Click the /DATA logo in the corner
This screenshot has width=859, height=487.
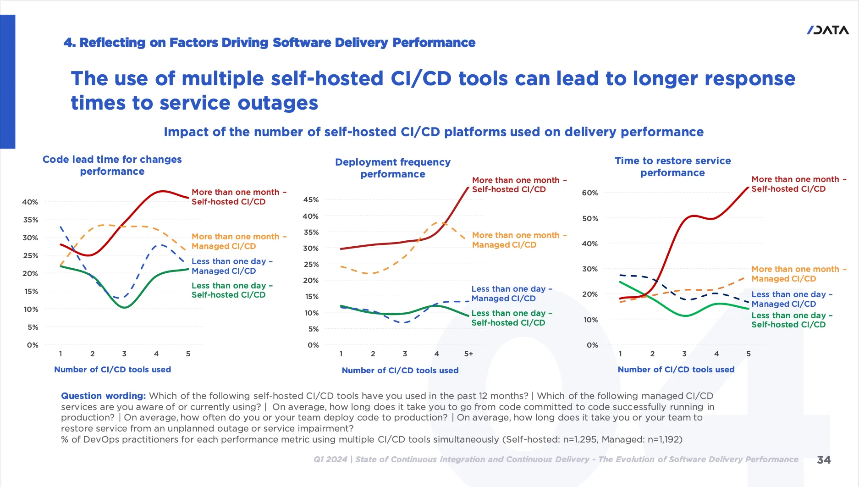[x=828, y=30]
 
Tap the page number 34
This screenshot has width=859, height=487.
[x=824, y=460]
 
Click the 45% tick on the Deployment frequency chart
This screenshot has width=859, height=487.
[x=311, y=200]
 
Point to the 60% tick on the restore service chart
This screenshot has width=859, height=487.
[x=590, y=193]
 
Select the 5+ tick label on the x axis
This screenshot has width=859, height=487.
[x=468, y=354]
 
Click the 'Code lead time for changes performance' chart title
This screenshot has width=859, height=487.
[x=112, y=166]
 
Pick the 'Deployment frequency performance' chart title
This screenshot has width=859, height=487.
[x=393, y=168]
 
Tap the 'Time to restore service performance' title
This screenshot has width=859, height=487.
[x=672, y=167]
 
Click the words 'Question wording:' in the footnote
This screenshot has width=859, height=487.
[x=104, y=396]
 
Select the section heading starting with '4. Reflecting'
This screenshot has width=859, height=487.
[x=270, y=43]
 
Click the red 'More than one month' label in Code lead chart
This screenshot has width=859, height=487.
[x=239, y=197]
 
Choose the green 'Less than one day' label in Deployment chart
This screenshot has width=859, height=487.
[x=512, y=318]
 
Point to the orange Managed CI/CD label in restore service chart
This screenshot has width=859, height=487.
[x=798, y=274]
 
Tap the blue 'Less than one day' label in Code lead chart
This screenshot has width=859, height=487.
[x=232, y=266]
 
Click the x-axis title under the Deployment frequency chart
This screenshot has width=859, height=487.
[x=400, y=371]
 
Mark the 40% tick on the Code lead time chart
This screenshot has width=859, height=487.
[x=30, y=202]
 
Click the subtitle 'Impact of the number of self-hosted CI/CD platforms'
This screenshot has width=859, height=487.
[x=434, y=132]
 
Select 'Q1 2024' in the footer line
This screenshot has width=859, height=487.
[x=330, y=459]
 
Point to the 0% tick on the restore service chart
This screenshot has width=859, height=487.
[x=592, y=345]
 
